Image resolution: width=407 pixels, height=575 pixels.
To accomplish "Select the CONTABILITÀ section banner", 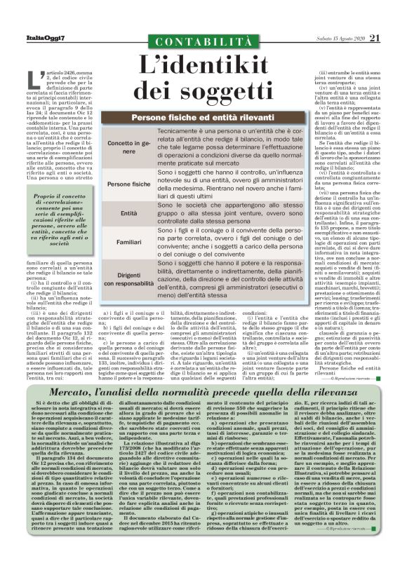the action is click(x=204, y=41).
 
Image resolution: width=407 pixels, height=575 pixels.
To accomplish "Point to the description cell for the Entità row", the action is click(x=232, y=212).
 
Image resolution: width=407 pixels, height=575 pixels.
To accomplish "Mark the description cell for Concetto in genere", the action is click(x=232, y=147).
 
